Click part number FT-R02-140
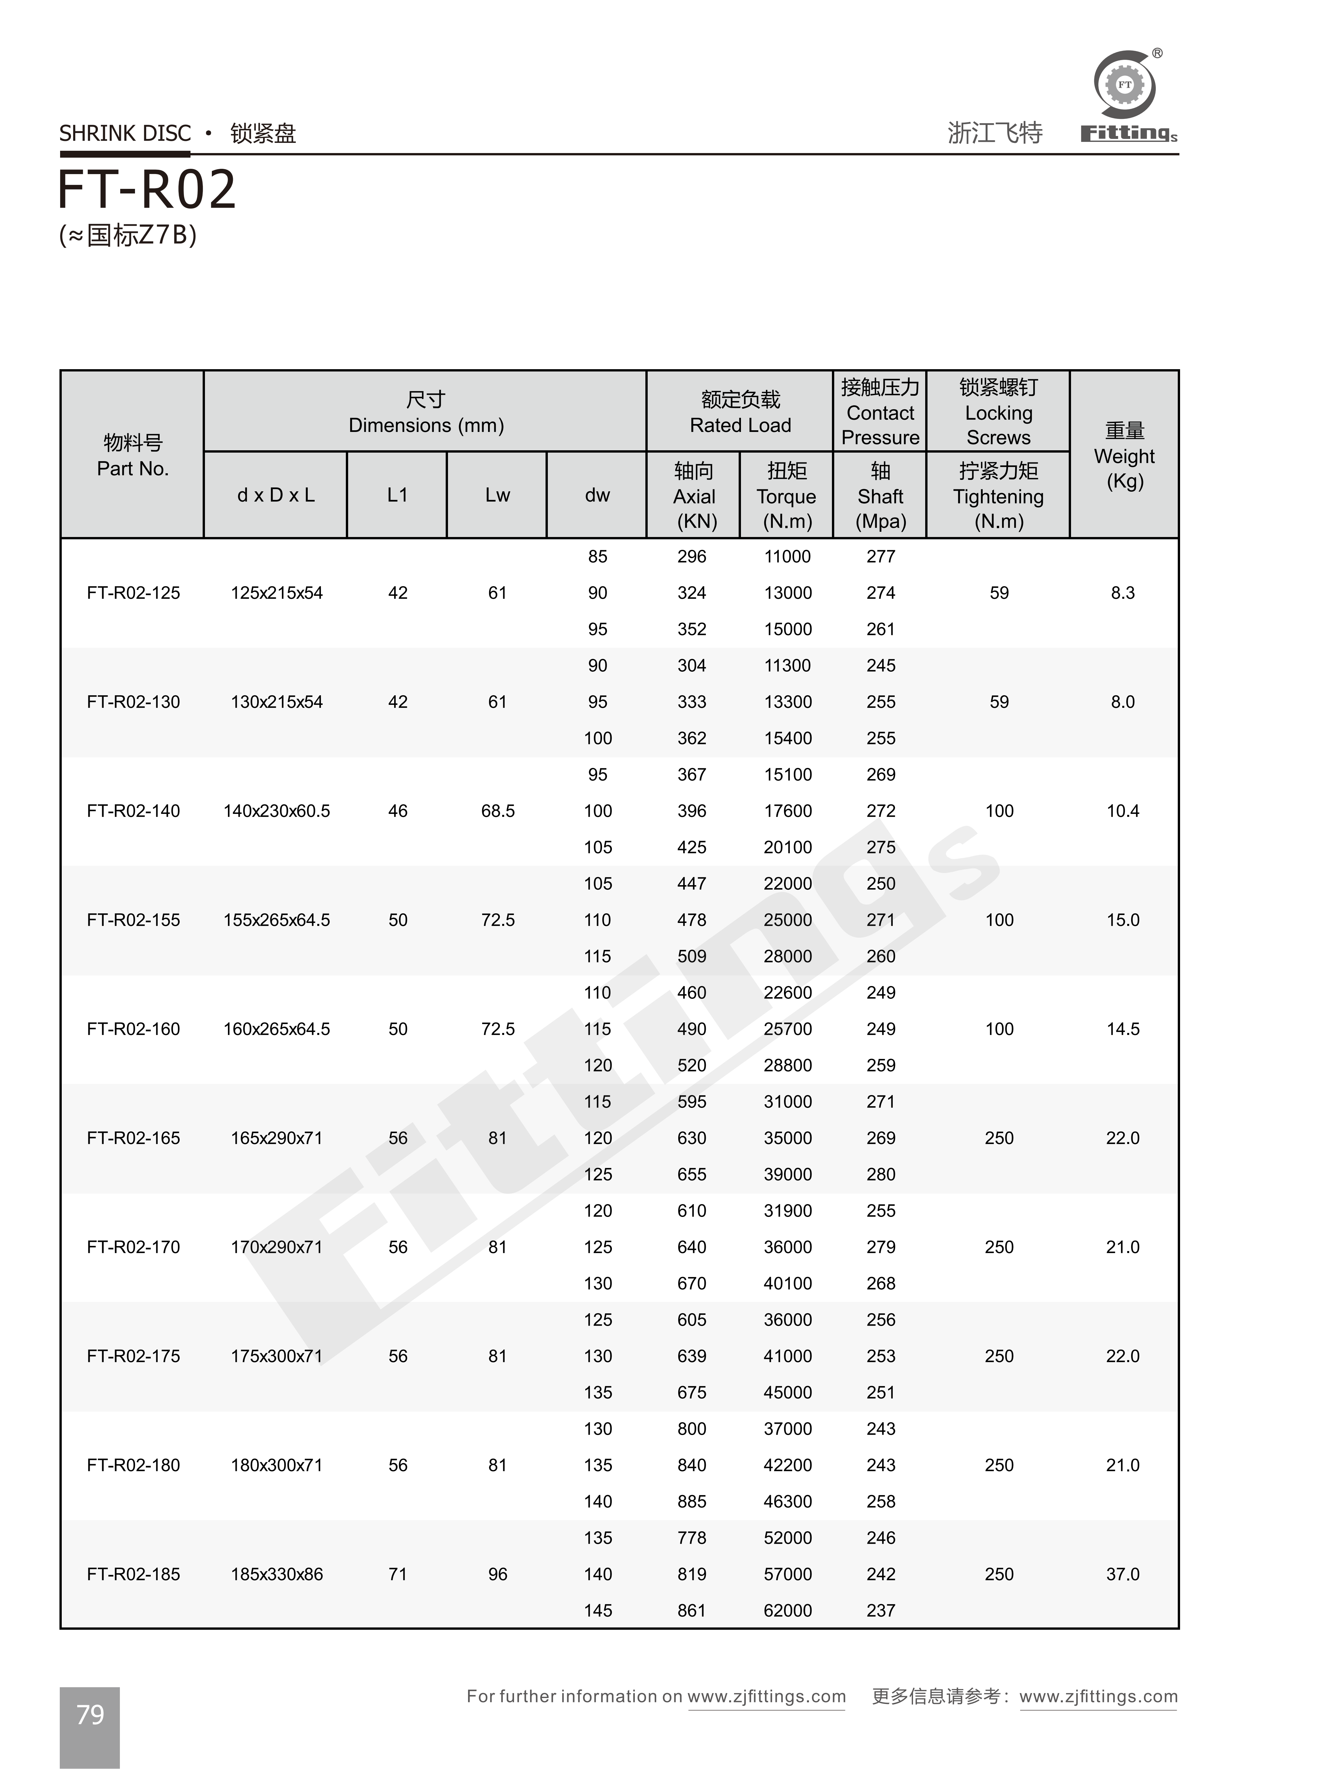point(133,811)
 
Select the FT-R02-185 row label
point(133,1574)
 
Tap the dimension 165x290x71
point(276,1138)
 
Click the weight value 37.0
point(1123,1574)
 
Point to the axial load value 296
point(691,556)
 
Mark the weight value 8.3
point(1123,593)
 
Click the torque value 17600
point(787,811)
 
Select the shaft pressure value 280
point(881,1174)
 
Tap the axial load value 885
point(691,1502)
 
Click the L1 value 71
point(398,1574)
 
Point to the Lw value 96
point(498,1574)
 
